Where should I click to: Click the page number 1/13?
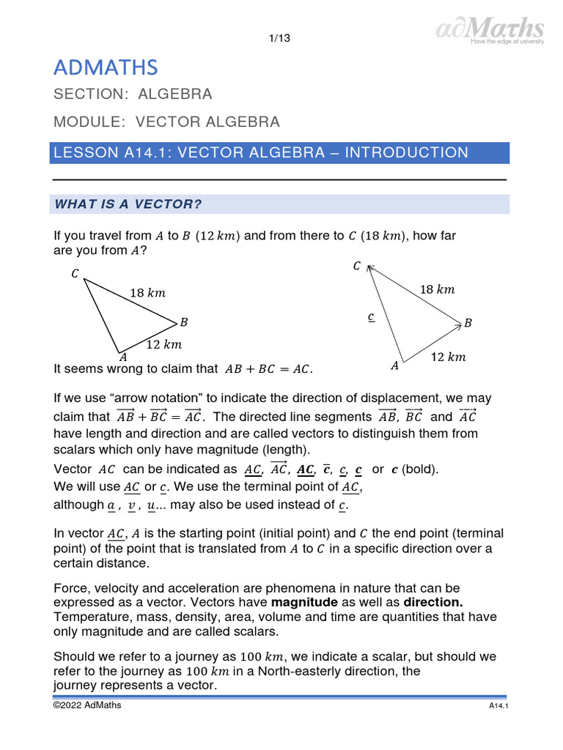[281, 39]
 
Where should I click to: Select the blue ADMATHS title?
[105, 68]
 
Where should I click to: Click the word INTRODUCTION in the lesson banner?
[406, 153]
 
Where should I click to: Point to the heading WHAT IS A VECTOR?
[128, 204]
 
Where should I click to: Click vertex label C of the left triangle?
[75, 274]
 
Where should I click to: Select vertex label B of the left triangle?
[184, 322]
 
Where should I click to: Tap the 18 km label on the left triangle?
[147, 293]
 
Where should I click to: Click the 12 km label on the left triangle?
[163, 344]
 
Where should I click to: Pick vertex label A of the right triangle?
[394, 365]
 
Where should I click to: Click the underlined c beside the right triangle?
[371, 317]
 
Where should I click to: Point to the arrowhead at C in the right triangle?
[369, 268]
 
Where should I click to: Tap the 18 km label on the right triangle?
[437, 289]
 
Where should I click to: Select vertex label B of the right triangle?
[468, 323]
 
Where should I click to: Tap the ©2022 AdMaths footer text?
[87, 705]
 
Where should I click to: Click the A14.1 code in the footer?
[499, 706]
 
